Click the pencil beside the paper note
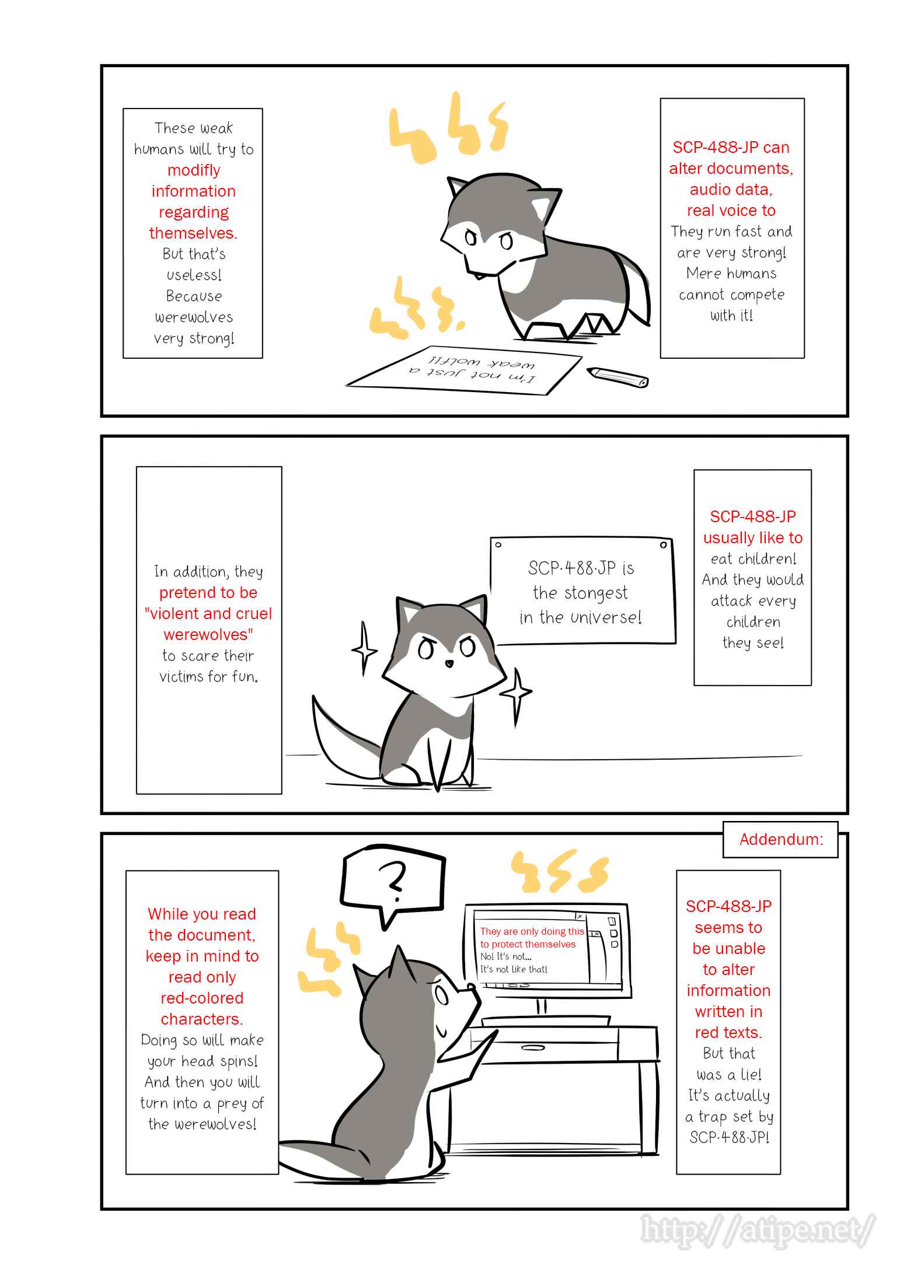(x=618, y=377)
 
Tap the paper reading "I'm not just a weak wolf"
(x=465, y=371)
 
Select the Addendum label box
(x=780, y=840)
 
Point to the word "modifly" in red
(x=194, y=170)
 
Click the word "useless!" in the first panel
(x=194, y=275)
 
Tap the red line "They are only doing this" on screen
(x=532, y=931)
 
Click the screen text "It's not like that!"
(x=514, y=969)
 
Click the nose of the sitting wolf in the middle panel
(x=448, y=663)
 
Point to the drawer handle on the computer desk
(x=532, y=1047)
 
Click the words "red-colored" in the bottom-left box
(x=202, y=998)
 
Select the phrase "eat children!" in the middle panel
(x=753, y=558)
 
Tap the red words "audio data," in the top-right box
(x=731, y=189)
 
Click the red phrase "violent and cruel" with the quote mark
(x=208, y=613)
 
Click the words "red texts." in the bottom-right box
(x=728, y=1032)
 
